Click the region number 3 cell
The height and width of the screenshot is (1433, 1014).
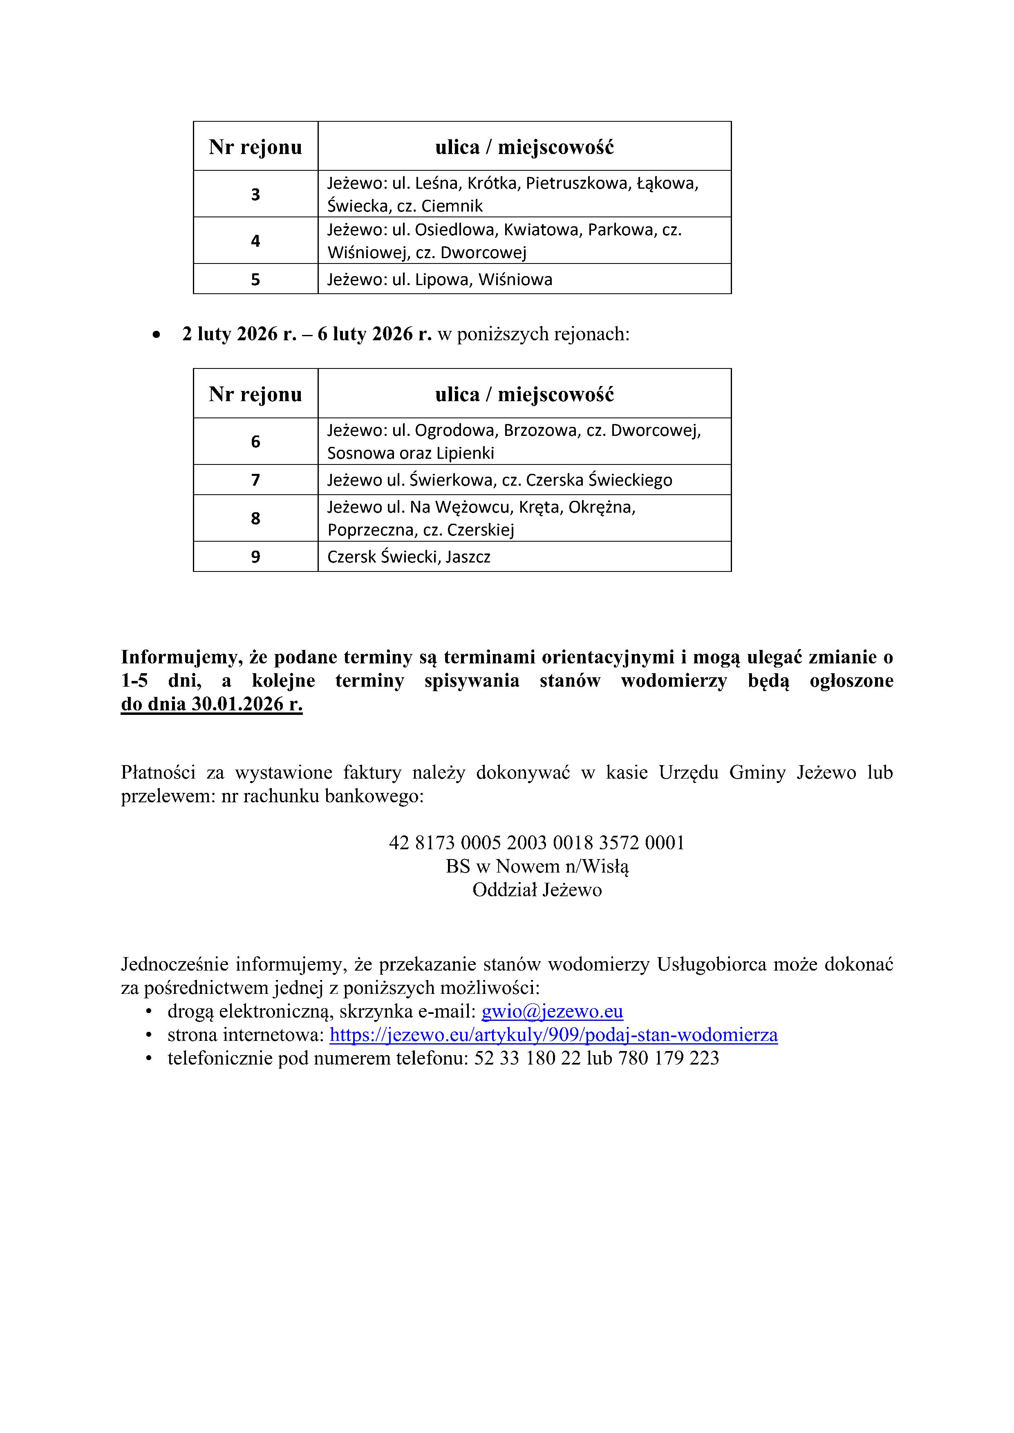pos(255,194)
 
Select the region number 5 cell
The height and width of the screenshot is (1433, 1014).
pos(255,279)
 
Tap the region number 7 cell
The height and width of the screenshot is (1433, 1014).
pos(255,480)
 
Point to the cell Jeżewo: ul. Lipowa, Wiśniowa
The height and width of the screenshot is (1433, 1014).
pos(440,279)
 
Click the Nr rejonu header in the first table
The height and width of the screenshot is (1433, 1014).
pos(255,147)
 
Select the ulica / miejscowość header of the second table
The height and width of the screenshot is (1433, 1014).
pos(524,394)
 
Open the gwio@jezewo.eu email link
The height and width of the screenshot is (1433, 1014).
pos(552,1011)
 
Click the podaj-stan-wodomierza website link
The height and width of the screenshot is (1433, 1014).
pos(553,1034)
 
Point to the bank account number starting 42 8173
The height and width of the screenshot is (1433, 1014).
pos(536,843)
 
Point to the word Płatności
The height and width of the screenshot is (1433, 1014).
pos(163,773)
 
